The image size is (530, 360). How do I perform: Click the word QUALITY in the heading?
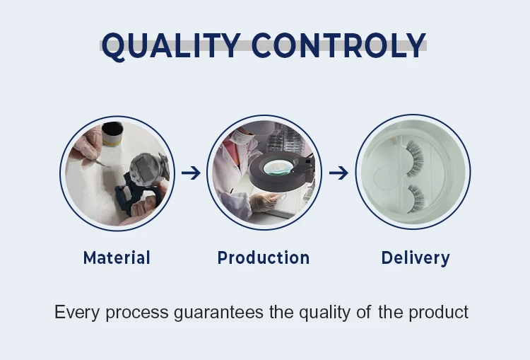[x=172, y=45]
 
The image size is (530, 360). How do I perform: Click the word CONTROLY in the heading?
[x=338, y=45]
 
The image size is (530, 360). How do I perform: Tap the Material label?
[x=117, y=258]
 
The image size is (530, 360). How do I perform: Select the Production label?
[x=264, y=258]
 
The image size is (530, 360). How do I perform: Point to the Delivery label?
[x=416, y=258]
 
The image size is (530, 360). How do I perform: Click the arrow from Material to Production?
[x=191, y=173]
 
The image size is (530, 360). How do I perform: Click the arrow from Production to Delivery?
[x=338, y=173]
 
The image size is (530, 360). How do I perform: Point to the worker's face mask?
[x=242, y=137]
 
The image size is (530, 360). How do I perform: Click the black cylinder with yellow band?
[x=112, y=134]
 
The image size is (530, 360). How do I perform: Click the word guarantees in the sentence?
[x=218, y=313]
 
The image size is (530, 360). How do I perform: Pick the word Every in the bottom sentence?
[x=77, y=313]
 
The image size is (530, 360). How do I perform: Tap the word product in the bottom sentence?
[x=438, y=313]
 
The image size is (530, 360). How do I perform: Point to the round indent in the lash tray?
[x=387, y=178]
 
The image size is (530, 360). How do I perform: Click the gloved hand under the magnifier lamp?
[x=265, y=202]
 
